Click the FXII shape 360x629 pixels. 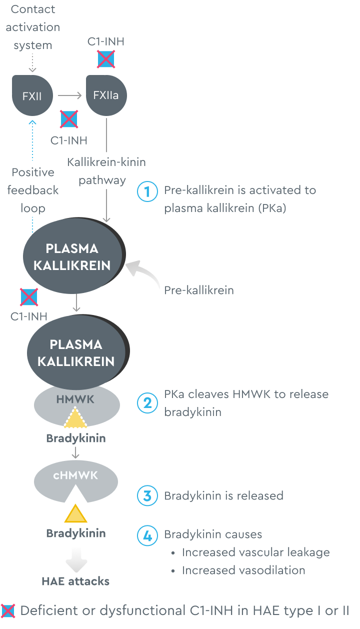tap(32, 95)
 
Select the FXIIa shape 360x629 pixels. tap(106, 95)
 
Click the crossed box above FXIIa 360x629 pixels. tap(105, 59)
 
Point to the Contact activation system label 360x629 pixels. tap(33, 27)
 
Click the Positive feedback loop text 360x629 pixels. tap(33, 190)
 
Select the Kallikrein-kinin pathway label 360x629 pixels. tap(106, 171)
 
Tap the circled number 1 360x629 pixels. tap(147, 191)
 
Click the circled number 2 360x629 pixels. tap(147, 403)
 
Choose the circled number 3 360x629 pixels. tap(147, 496)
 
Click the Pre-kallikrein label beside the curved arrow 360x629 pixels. tap(199, 290)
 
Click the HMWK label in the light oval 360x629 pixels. tap(75, 399)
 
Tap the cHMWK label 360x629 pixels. tap(75, 475)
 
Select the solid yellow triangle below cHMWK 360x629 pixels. tap(75, 514)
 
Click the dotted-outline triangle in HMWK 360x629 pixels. tap(75, 419)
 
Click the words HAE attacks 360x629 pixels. tap(75, 581)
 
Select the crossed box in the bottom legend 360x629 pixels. tap(8, 611)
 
